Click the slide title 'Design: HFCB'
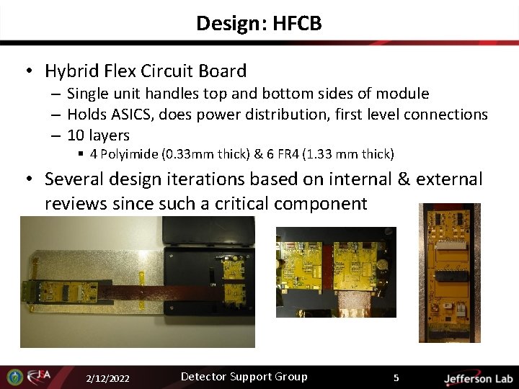259,24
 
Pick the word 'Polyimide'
126,153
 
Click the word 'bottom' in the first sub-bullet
275,94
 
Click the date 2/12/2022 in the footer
107,378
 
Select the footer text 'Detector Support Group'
244,377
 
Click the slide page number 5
396,377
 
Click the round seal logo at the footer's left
14,377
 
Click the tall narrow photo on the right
450,272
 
